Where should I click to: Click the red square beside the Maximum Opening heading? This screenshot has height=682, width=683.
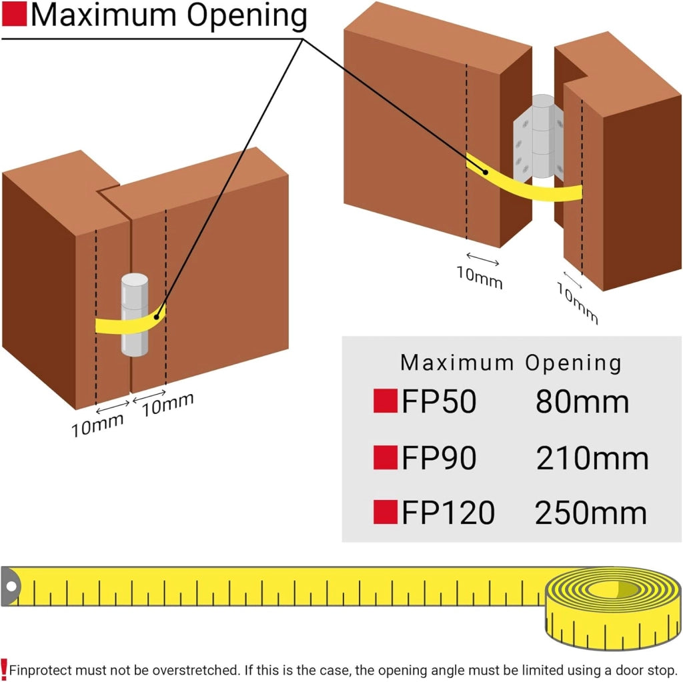point(15,14)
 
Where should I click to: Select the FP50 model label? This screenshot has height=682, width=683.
point(439,401)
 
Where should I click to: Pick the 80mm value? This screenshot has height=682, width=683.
point(582,401)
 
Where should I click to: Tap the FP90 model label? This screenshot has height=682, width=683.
point(439,458)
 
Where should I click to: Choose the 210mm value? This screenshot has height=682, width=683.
point(592,458)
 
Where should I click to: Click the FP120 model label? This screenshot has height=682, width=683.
point(448,513)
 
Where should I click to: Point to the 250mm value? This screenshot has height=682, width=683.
point(591,513)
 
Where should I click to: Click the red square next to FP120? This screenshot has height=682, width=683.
point(386,512)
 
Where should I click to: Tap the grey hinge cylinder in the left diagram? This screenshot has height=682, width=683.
point(135,315)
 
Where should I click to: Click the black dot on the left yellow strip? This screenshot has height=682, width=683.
point(156,317)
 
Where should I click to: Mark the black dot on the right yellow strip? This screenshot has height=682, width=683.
point(486,172)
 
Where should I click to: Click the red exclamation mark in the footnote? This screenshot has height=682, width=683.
point(4,667)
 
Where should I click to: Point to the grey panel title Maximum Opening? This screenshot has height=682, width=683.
point(510,363)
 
